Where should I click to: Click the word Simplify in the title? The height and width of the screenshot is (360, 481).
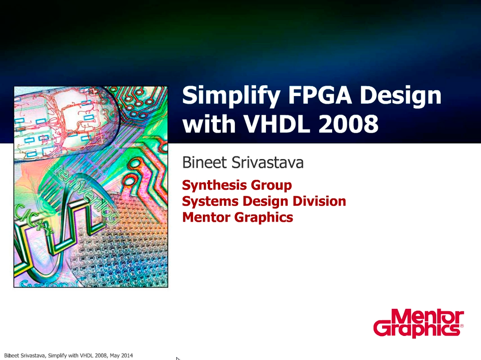click(x=230, y=96)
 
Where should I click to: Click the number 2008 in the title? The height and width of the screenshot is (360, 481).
click(x=348, y=124)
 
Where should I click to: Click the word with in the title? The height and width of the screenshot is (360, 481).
click(x=209, y=123)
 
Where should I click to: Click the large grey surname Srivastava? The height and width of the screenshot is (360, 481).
click(x=268, y=162)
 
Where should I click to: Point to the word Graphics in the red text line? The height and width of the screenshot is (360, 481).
click(x=264, y=218)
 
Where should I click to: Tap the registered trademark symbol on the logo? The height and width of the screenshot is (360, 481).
click(x=461, y=326)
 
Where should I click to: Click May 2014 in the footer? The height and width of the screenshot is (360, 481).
click(x=121, y=355)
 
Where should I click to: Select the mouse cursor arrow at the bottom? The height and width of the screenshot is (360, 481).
click(x=178, y=358)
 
